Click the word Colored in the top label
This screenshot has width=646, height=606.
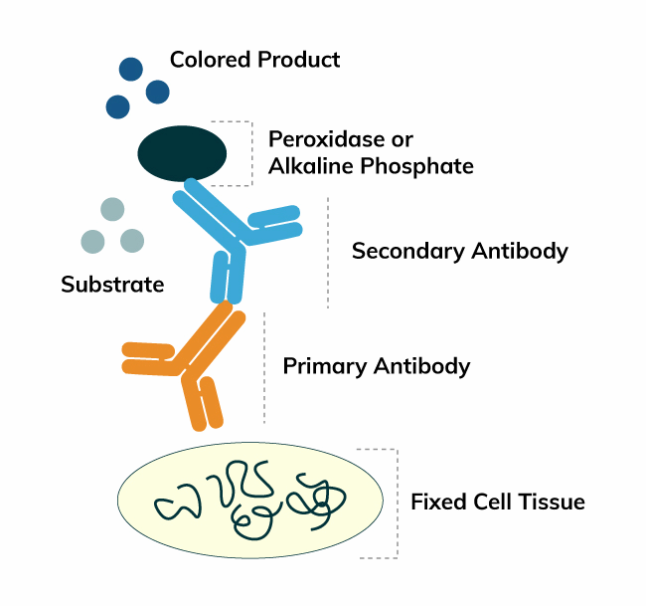[x=210, y=60]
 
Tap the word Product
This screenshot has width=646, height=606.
[x=299, y=60]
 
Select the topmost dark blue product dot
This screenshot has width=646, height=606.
[x=131, y=69]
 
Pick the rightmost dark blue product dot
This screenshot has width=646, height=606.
[x=158, y=92]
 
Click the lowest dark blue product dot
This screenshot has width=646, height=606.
[x=118, y=106]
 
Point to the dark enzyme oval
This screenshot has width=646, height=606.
[x=182, y=153]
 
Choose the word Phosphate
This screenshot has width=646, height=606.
[x=417, y=166]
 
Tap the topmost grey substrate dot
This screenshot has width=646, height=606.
[x=112, y=209]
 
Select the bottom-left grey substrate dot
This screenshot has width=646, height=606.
[x=92, y=242]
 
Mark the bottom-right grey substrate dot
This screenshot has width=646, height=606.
[x=132, y=241]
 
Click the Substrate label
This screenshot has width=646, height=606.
[x=112, y=285]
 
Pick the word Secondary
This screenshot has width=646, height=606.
[x=407, y=251]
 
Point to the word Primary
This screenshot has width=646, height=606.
[x=325, y=366]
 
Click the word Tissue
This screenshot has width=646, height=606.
[x=552, y=502]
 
